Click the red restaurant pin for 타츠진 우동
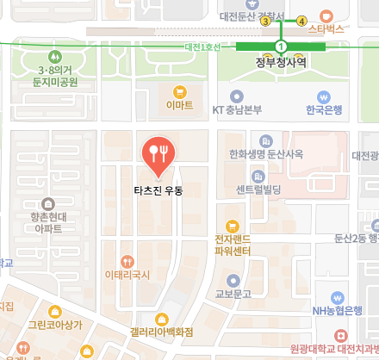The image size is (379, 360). (x=158, y=153)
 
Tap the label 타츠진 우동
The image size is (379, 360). (x=158, y=189)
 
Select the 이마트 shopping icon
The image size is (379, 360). (x=179, y=91)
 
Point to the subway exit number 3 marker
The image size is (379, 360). (x=265, y=22)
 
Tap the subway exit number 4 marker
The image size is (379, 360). (x=301, y=21)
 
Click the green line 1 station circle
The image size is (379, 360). (x=281, y=46)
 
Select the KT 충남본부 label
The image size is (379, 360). (x=237, y=109)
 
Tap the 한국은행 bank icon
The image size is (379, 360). (x=324, y=96)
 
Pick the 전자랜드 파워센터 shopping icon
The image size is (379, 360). (x=232, y=226)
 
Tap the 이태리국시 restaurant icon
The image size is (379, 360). (x=127, y=261)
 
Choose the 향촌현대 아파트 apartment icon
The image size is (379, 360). (x=47, y=202)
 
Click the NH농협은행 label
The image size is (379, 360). (x=337, y=310)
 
